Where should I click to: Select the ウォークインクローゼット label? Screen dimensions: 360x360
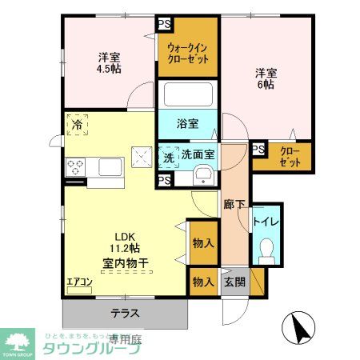click(x=188, y=53)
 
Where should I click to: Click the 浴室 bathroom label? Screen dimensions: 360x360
click(x=188, y=125)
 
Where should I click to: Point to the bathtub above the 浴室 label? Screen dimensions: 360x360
click(x=187, y=95)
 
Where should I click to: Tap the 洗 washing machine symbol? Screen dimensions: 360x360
click(x=169, y=158)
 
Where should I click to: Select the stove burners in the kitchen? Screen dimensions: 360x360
click(x=77, y=167)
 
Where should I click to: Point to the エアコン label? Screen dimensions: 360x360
click(x=79, y=282)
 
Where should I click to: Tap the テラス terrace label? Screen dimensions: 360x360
click(x=125, y=313)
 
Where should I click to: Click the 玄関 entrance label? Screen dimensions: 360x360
click(x=233, y=282)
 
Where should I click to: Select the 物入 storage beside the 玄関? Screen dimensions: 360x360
click(x=202, y=282)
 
